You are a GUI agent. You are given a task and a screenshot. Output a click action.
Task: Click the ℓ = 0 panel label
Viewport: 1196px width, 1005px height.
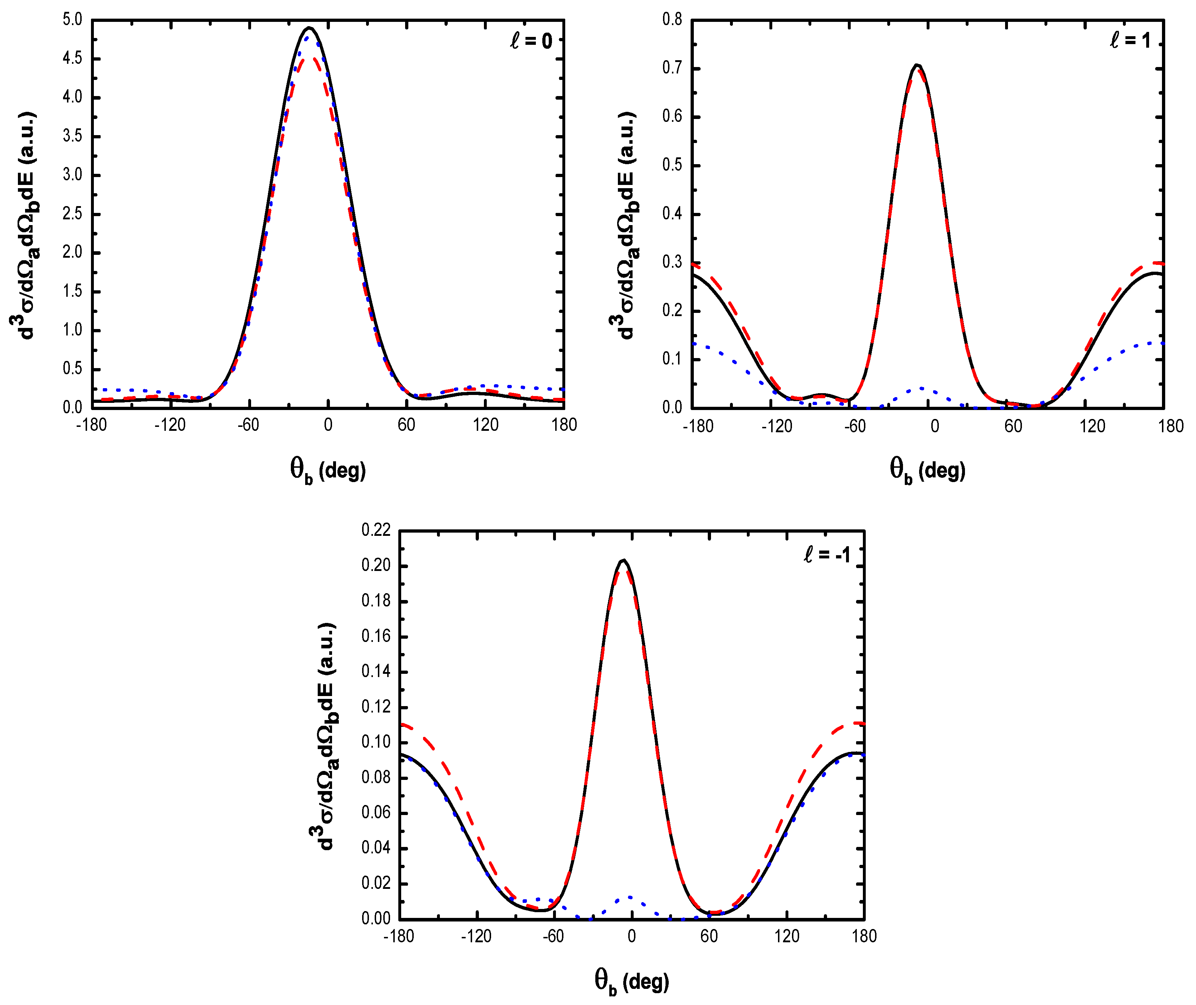pos(531,41)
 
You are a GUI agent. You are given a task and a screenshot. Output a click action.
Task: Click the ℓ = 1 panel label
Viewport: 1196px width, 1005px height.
pos(1130,40)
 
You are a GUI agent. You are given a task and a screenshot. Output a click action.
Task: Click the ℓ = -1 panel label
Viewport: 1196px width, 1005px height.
pos(827,554)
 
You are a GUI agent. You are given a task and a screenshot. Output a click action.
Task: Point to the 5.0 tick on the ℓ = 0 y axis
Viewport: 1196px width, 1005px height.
pos(72,20)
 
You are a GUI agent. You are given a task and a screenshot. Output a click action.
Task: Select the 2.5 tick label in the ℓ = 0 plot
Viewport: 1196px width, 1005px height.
pos(72,214)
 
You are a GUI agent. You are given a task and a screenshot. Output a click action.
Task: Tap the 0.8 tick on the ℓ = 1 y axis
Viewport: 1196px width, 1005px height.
pos(672,20)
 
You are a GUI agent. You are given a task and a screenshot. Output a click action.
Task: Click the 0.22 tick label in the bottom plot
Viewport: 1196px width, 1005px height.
pos(376,530)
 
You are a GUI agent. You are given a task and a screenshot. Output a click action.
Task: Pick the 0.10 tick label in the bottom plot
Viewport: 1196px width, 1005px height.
pos(376,742)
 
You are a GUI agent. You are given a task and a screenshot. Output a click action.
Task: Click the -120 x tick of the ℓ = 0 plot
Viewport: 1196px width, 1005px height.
pos(170,425)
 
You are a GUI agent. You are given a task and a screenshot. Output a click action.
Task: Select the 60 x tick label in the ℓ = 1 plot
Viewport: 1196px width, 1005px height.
pos(1013,426)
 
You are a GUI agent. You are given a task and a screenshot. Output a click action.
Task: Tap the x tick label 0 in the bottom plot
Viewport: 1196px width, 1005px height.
pos(631,936)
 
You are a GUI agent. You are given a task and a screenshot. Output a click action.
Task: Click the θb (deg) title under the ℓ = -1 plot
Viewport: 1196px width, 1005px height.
pos(631,981)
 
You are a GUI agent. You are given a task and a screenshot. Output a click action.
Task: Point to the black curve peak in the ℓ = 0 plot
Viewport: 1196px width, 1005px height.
pos(309,27)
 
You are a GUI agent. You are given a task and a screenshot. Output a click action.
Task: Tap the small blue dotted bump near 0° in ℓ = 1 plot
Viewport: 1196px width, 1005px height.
pos(921,389)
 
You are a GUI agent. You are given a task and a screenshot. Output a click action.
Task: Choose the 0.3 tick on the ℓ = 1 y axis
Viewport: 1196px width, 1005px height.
pos(672,262)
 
